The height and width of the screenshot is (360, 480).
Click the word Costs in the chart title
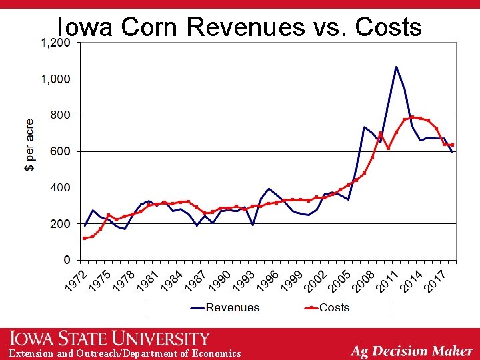coord(389,27)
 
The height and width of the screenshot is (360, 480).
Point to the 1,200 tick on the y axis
coord(55,43)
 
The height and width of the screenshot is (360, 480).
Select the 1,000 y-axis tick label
coord(55,79)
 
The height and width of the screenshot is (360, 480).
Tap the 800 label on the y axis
coord(61,115)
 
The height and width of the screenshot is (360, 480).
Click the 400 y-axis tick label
coord(61,187)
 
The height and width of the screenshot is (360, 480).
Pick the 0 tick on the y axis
coord(68,259)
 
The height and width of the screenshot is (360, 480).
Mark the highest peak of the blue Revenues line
coord(396,67)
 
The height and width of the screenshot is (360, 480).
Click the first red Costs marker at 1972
coord(85,238)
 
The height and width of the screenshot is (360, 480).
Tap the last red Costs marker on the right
coord(452,145)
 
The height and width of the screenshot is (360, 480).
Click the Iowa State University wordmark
coord(109,339)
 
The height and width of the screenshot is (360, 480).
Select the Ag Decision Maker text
coord(412,351)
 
